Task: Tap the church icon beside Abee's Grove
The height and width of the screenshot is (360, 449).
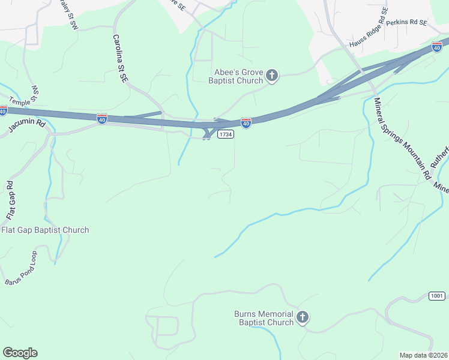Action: [272, 76]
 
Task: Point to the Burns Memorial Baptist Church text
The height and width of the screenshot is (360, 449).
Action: [264, 318]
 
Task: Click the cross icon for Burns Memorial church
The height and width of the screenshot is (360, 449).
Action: [303, 317]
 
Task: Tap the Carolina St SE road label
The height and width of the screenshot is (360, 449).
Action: [121, 58]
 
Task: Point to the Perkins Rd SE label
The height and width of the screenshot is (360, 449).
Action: [406, 22]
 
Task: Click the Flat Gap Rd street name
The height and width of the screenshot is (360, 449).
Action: [10, 199]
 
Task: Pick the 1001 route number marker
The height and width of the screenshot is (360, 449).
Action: [438, 296]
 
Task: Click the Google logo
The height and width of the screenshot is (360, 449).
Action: [20, 353]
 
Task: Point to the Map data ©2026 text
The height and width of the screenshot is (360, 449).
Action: [423, 355]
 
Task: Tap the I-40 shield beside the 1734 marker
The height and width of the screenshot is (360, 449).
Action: [246, 122]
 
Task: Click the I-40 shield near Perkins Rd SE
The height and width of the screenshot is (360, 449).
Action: [437, 46]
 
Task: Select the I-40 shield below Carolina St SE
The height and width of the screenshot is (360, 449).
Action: [102, 118]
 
